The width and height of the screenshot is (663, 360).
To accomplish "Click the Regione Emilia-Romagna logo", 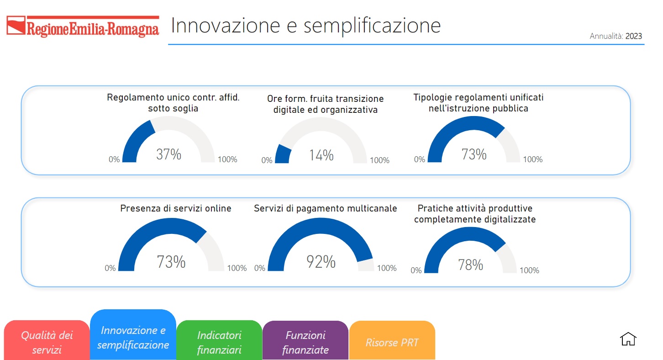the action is click(83, 26).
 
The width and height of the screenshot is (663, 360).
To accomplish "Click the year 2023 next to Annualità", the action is click(634, 36).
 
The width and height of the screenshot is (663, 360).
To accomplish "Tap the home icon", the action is click(628, 339).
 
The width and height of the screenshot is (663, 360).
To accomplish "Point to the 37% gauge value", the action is click(168, 154).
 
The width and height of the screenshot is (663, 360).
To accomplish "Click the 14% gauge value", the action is click(321, 155).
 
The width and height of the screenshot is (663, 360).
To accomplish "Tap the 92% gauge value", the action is click(321, 262).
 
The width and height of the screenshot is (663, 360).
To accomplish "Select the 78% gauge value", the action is click(471, 265).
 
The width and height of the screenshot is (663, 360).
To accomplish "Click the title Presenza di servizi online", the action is click(175, 208).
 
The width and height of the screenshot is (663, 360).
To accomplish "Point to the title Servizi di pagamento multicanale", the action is click(325, 208).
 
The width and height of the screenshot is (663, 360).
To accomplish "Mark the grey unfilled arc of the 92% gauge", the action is click(366, 265).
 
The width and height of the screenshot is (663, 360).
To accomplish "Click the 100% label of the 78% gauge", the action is click(529, 270).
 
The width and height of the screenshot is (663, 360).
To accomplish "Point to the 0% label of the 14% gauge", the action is click(267, 160).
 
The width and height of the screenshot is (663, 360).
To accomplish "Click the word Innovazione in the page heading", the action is click(226, 26).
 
